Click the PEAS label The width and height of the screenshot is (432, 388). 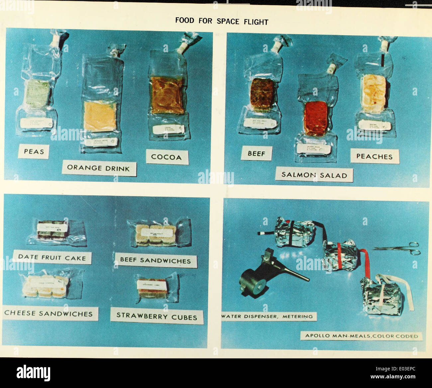34,152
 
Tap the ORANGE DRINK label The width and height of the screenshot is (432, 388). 98,168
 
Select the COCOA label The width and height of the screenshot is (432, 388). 166,157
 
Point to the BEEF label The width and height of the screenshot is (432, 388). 257,153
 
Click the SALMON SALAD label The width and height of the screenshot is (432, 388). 314,175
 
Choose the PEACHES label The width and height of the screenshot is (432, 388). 374,156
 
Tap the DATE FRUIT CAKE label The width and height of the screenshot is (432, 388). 52,257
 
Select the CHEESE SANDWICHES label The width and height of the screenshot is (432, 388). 49,313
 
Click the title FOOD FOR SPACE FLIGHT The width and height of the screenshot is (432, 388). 222,22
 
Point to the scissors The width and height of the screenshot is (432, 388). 396,248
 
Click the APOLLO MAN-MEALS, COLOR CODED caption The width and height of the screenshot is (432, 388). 361,336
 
